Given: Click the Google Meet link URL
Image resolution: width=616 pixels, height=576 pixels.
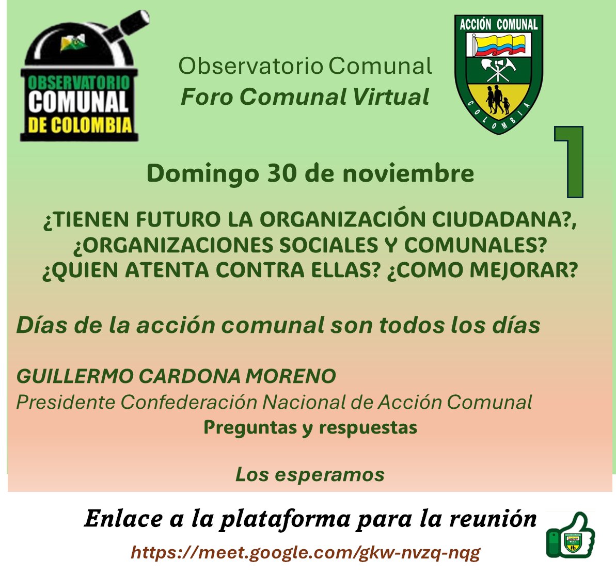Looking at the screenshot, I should (306, 553).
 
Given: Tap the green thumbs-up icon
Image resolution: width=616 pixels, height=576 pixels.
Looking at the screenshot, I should (570, 535).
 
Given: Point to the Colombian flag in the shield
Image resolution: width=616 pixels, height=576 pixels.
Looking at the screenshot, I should (498, 44).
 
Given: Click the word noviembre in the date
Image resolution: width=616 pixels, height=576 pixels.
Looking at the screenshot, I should (408, 173).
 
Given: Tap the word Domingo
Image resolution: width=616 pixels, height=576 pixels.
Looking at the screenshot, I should (202, 173).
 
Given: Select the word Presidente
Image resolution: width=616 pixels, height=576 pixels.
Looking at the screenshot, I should (66, 402).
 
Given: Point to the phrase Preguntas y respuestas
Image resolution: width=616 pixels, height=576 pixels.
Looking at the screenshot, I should (310, 427).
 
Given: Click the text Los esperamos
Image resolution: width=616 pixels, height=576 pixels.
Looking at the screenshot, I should (310, 474).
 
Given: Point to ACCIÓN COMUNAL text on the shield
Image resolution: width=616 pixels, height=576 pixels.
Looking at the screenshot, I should (499, 24).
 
